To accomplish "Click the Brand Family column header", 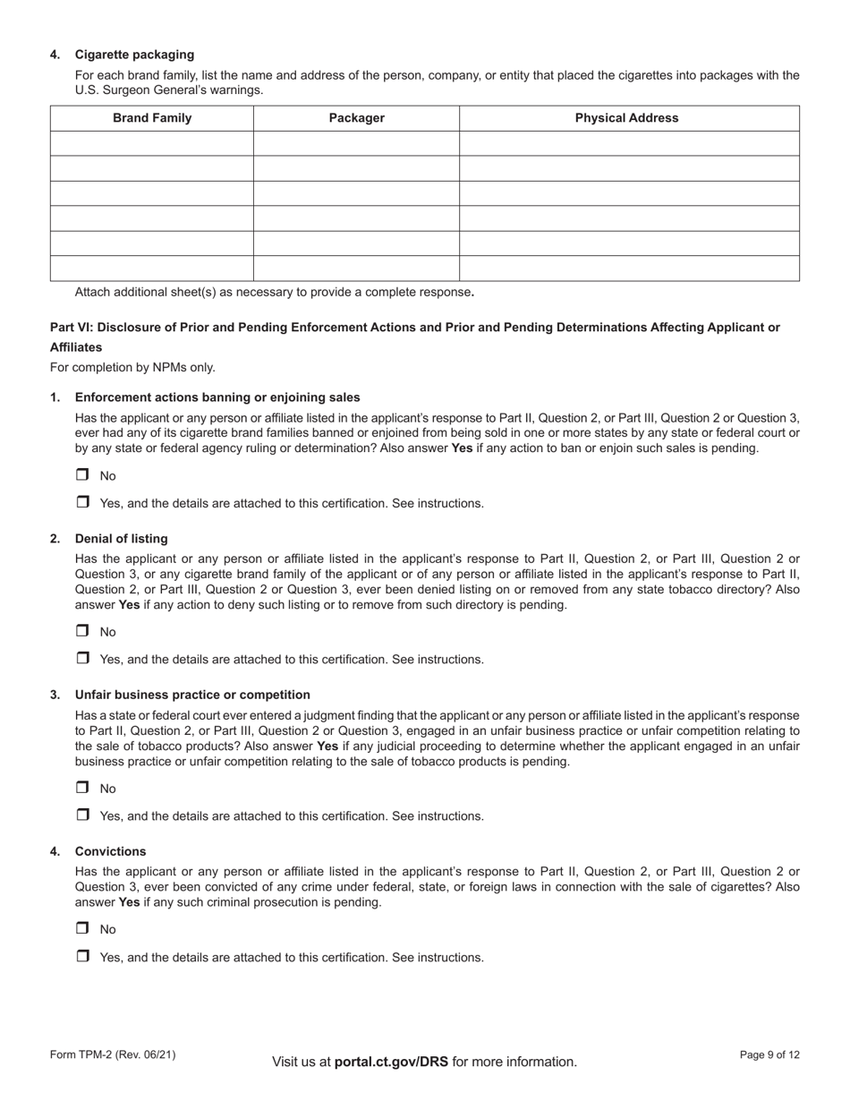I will click(x=151, y=118).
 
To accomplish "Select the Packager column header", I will click(x=356, y=118).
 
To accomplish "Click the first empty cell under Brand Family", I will click(x=151, y=143).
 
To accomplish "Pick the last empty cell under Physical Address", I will click(x=628, y=269).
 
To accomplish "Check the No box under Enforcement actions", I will click(x=82, y=475).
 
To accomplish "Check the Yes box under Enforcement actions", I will click(x=82, y=502).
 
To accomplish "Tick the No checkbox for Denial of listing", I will click(x=82, y=631).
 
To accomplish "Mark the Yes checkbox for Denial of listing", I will click(x=82, y=658).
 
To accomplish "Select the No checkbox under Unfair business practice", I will click(x=82, y=788).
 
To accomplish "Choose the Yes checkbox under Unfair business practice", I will click(x=82, y=815).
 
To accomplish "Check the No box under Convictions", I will click(x=82, y=928).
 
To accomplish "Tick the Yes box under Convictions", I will click(x=82, y=956).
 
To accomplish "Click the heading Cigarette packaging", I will click(x=134, y=55).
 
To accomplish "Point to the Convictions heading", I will click(x=110, y=851).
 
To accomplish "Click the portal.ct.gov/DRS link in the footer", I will click(x=390, y=1062).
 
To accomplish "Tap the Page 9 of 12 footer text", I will click(x=769, y=1055).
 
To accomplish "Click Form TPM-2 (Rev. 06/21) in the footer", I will click(x=113, y=1055).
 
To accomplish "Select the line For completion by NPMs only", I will click(x=132, y=367).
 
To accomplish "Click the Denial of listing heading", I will click(x=121, y=539).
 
